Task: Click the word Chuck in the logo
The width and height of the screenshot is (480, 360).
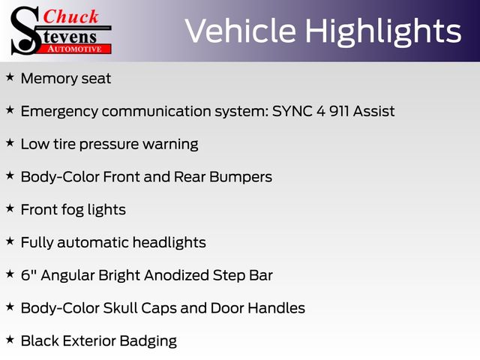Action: click(x=70, y=16)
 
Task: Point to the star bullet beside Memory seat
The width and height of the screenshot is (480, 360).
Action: click(x=10, y=77)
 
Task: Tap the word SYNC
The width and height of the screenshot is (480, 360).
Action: click(x=292, y=111)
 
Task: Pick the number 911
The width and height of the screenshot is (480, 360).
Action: click(x=339, y=111)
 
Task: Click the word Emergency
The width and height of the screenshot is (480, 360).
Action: click(x=59, y=112)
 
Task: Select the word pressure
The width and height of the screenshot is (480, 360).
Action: click(x=109, y=145)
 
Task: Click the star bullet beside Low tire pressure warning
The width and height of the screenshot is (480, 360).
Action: click(x=10, y=142)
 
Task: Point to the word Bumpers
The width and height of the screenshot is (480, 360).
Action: click(x=241, y=177)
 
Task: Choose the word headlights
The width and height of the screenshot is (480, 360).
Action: click(x=169, y=242)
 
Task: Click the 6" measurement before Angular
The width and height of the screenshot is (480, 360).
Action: click(x=28, y=275)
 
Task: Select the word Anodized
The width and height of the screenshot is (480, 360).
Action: click(x=177, y=275)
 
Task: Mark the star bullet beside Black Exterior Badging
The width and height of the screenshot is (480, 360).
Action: click(x=10, y=340)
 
